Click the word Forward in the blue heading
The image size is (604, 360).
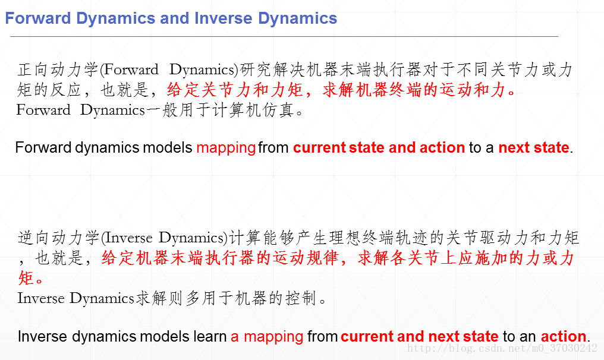click(38, 18)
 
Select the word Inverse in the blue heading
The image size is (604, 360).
click(224, 18)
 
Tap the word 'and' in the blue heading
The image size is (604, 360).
click(175, 18)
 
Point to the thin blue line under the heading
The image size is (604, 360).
click(284, 37)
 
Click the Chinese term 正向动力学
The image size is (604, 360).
click(58, 70)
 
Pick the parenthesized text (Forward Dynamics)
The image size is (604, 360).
click(169, 70)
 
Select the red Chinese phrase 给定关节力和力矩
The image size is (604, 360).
click(235, 90)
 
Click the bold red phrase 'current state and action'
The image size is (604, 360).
click(379, 147)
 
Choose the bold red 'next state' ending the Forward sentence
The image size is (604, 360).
click(534, 147)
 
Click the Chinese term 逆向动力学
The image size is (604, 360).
click(58, 238)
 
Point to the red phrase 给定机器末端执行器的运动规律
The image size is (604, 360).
click(220, 258)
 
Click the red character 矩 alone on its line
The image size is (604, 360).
click(26, 277)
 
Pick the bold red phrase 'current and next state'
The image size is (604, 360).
click(420, 336)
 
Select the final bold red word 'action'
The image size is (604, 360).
click(564, 336)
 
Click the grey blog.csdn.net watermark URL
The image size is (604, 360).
click(502, 349)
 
